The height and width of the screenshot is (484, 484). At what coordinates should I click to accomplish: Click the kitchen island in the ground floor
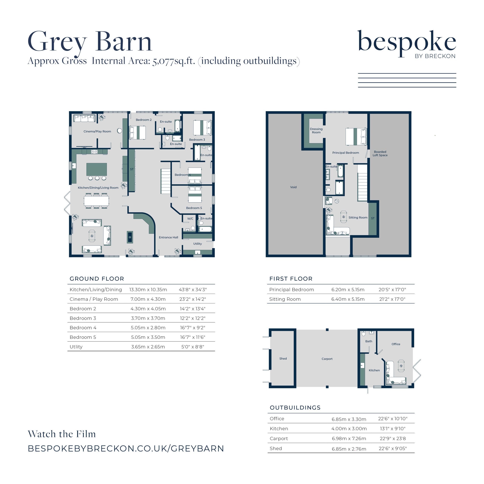(97, 169)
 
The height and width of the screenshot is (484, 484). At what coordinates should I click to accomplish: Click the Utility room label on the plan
(198, 244)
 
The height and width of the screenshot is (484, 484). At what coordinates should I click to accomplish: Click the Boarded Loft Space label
(380, 154)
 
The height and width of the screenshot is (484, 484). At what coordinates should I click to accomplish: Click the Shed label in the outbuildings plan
(283, 359)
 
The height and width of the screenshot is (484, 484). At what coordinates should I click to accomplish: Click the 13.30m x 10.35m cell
(148, 290)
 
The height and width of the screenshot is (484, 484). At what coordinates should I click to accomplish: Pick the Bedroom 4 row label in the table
(83, 328)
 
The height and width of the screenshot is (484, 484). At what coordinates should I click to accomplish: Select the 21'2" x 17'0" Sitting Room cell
(392, 299)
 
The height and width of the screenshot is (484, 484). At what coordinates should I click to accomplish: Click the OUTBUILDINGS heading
(295, 408)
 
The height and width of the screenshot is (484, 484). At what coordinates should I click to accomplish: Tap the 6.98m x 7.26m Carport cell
(349, 439)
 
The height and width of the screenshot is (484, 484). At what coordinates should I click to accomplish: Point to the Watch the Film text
(62, 434)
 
